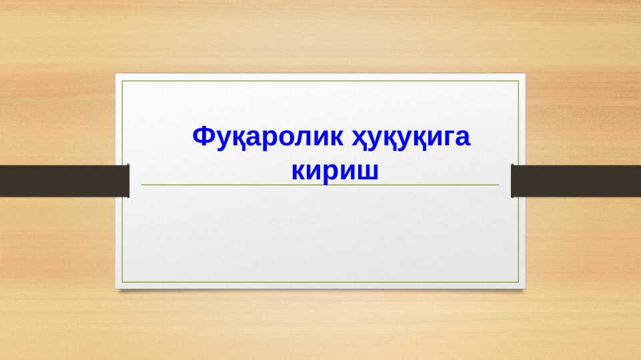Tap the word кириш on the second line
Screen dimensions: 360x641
pos(336,171)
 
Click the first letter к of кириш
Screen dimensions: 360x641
pos(298,171)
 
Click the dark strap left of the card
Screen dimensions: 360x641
pos(64,181)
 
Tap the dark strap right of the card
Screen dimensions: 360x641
pos(576,181)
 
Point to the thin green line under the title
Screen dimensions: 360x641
pos(320,185)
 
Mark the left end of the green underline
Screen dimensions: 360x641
pos(142,185)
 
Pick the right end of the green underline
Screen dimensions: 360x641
pos(498,185)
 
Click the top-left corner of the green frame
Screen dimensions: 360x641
pos(123,81)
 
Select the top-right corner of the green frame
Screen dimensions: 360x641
pos(518,81)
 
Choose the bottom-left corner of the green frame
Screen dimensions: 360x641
pos(123,282)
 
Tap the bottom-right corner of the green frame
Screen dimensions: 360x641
pos(518,282)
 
